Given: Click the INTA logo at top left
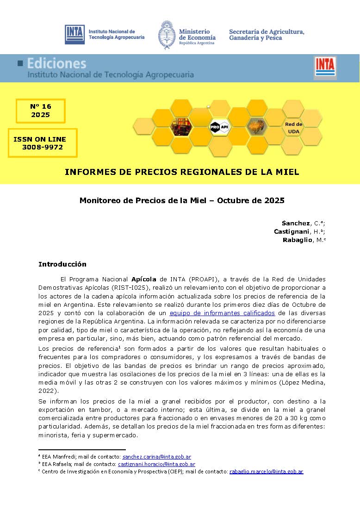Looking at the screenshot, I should click(74, 34).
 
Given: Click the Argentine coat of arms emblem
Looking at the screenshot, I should click(166, 34).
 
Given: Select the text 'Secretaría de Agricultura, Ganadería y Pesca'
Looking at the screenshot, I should click(267, 35).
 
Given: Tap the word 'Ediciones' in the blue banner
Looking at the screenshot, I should click(56, 63).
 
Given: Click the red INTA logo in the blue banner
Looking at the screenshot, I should click(325, 66).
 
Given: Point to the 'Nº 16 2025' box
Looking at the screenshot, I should click(41, 111).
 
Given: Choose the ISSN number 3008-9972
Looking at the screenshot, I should click(43, 147).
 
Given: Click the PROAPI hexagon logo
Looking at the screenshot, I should click(219, 126).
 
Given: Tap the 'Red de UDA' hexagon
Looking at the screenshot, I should click(293, 128).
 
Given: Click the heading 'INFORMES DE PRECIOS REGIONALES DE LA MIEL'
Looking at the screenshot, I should click(182, 172).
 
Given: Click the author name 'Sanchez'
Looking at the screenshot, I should click(296, 223).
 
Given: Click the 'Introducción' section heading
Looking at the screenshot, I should click(62, 264).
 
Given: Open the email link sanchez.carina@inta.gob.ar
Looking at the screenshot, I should click(156, 457).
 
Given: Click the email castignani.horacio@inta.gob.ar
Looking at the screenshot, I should click(156, 464).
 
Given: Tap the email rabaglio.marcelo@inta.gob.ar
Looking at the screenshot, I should click(266, 472).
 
